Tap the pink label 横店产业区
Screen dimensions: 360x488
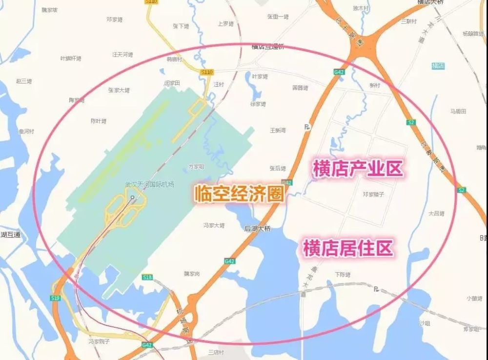coord(358,169)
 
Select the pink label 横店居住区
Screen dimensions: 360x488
coord(347,248)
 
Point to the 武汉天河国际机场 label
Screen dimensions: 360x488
coord(149,185)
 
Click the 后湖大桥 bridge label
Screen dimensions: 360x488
coord(257,228)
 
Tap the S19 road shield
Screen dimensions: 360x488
coord(55,298)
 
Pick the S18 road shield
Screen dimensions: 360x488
coord(147,277)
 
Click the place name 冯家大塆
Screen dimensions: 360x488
coord(214,225)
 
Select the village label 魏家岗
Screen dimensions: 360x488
coord(192,274)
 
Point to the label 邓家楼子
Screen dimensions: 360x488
coord(374,194)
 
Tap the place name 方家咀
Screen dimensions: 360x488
coord(196,166)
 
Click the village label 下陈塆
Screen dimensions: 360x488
coord(343,275)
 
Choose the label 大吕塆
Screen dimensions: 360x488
coord(436,213)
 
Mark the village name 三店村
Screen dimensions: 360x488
coord(215,352)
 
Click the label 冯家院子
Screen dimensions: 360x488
coord(99,341)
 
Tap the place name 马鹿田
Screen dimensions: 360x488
coord(458,111)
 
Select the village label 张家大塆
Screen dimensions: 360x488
coord(119,90)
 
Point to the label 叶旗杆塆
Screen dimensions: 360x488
coord(71,59)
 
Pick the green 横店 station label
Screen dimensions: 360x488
coord(438,66)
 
